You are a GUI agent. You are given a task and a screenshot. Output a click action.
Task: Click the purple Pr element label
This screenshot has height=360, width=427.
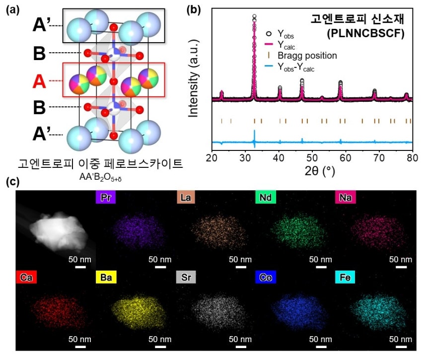pyautogui.click(x=106, y=197)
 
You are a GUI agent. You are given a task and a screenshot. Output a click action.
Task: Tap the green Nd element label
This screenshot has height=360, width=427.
pyautogui.click(x=266, y=197)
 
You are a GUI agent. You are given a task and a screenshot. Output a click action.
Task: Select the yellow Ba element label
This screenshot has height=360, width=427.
pyautogui.click(x=106, y=277)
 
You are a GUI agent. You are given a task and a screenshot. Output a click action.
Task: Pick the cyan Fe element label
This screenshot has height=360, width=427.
pyautogui.click(x=345, y=277)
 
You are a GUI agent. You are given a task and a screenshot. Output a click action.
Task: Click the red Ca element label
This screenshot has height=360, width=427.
pyautogui.click(x=26, y=277)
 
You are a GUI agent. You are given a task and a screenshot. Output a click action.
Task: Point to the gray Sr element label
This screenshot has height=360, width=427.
pyautogui.click(x=186, y=277)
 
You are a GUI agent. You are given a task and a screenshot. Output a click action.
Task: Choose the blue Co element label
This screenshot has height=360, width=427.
pyautogui.click(x=266, y=277)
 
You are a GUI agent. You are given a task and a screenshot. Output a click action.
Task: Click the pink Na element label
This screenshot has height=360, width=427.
pyautogui.click(x=345, y=197)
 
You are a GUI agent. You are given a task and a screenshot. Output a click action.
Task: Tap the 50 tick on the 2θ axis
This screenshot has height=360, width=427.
pyautogui.click(x=312, y=158)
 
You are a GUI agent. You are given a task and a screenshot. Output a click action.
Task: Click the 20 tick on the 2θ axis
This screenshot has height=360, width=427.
pyautogui.click(x=212, y=158)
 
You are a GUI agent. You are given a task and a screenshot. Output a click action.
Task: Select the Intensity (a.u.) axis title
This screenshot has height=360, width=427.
pyautogui.click(x=193, y=78)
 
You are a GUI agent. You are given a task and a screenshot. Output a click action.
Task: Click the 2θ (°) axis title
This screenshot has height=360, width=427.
pyautogui.click(x=320, y=171)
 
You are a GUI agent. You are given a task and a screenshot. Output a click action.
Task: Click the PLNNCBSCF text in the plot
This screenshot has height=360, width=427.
pyautogui.click(x=366, y=33)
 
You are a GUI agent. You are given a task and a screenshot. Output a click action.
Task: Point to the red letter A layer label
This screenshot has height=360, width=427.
pyautogui.click(x=39, y=81)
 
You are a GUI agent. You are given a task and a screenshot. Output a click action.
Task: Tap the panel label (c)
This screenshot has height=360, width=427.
pyautogui.click(x=12, y=181)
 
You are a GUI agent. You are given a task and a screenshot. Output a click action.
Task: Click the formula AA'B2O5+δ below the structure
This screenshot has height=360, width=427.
pyautogui.click(x=100, y=177)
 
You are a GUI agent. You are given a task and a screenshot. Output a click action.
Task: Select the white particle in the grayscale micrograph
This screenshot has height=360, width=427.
pyautogui.click(x=59, y=231)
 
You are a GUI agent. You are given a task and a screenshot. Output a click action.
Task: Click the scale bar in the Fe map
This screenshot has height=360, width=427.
pyautogui.click(x=401, y=347)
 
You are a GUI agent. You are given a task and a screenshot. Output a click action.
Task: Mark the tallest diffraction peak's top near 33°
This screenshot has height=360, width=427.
pyautogui.click(x=254, y=16)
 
